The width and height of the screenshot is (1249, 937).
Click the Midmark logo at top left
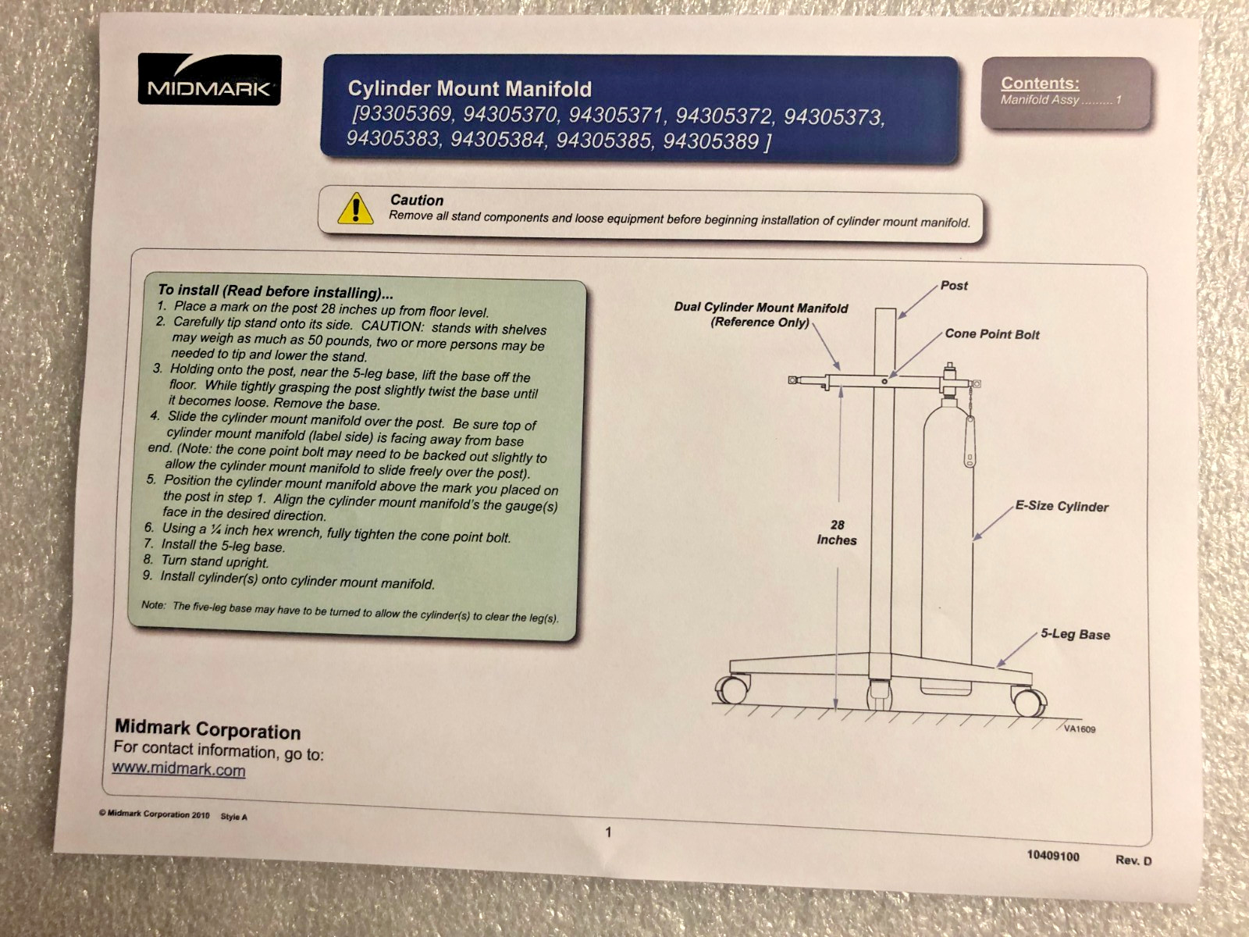pyautogui.click(x=209, y=79)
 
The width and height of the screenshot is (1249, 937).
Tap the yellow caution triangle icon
pyautogui.click(x=356, y=208)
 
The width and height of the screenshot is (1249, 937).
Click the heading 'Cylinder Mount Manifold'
pyautogui.click(x=469, y=89)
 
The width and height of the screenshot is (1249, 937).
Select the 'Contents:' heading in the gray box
pyautogui.click(x=1040, y=83)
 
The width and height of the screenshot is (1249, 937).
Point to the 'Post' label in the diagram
pyautogui.click(x=954, y=286)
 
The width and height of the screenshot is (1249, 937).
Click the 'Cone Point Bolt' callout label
pyautogui.click(x=992, y=334)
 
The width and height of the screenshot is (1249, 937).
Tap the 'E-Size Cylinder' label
pyautogui.click(x=1062, y=506)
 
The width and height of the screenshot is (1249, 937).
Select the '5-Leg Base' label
pyautogui.click(x=1076, y=634)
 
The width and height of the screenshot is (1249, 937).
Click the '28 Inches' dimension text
pyautogui.click(x=837, y=533)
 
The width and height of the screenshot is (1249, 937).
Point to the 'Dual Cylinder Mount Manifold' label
pyautogui.click(x=761, y=307)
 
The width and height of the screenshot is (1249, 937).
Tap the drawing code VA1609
pyautogui.click(x=1080, y=729)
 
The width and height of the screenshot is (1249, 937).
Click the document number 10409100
pyautogui.click(x=1053, y=857)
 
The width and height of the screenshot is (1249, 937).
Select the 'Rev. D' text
pyautogui.click(x=1133, y=860)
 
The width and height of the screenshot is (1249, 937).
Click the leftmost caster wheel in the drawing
pyautogui.click(x=732, y=688)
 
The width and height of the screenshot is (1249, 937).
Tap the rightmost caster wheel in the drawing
pyautogui.click(x=1030, y=700)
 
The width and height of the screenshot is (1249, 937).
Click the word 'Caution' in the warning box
pyautogui.click(x=417, y=200)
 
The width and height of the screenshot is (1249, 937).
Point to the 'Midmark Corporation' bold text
pyautogui.click(x=208, y=729)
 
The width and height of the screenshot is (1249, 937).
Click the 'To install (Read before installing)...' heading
pyautogui.click(x=276, y=291)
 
